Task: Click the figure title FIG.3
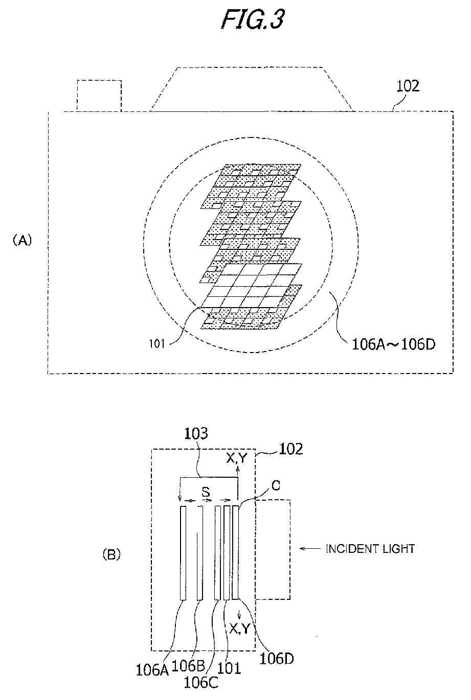(253, 19)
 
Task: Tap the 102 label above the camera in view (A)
(408, 86)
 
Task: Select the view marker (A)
(22, 241)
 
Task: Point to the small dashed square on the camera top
(99, 96)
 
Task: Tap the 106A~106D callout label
(393, 344)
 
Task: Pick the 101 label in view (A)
(157, 344)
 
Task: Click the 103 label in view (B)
(196, 433)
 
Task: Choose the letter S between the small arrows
(206, 493)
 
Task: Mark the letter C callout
(276, 485)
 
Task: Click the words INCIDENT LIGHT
(370, 549)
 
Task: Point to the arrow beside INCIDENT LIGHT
(310, 548)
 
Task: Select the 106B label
(188, 666)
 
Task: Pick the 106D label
(277, 659)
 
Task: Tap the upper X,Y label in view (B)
(236, 458)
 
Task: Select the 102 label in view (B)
(291, 449)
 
